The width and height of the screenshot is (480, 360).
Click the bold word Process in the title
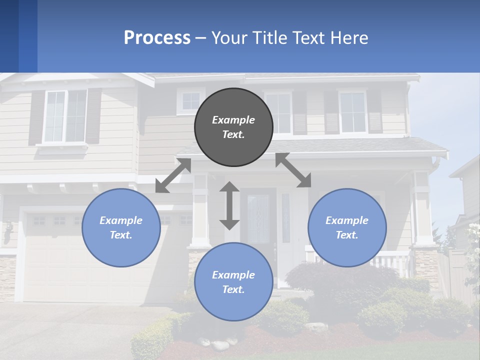pyautogui.click(x=157, y=37)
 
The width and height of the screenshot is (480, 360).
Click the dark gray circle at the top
pyautogui.click(x=233, y=127)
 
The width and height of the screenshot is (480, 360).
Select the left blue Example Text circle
pyautogui.click(x=121, y=227)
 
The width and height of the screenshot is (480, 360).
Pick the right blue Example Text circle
pyautogui.click(x=347, y=227)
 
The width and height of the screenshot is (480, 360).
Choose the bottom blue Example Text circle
pyautogui.click(x=233, y=282)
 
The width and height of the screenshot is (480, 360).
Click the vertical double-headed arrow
pyautogui.click(x=229, y=205)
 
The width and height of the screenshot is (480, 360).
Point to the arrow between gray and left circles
pyautogui.click(x=173, y=175)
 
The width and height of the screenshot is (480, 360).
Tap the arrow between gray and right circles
pyautogui.click(x=293, y=170)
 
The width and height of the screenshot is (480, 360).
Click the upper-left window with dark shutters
pyautogui.click(x=65, y=116)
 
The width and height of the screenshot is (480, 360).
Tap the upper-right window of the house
pyautogui.click(x=352, y=112)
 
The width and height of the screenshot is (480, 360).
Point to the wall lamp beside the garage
pyautogui.click(x=7, y=232)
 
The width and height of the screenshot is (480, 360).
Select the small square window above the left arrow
pyautogui.click(x=190, y=101)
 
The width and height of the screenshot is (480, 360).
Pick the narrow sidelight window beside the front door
pyautogui.click(x=285, y=217)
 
